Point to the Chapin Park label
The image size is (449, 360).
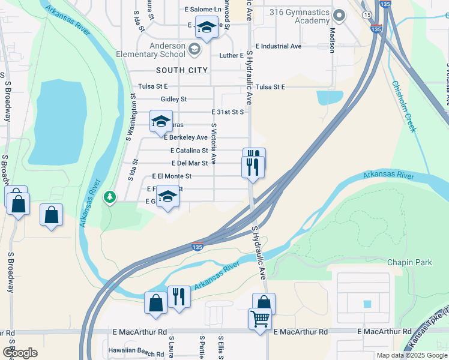tap(409, 263)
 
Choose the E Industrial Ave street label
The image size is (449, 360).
tap(279, 46)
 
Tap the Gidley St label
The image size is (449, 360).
tap(174, 99)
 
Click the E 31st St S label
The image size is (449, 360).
tap(228, 112)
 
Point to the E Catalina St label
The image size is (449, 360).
tap(189, 151)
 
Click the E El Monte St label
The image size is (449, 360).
tap(172, 176)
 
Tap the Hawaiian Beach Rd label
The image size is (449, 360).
tap(133, 350)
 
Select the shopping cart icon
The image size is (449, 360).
tap(260, 319)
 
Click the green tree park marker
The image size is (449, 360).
tap(109, 197)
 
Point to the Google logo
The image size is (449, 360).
tap(20, 353)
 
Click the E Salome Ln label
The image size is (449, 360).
tap(203, 10)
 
